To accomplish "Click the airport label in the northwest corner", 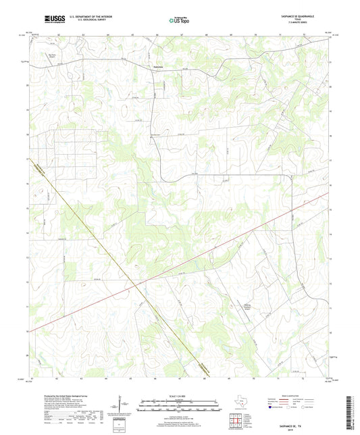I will [51, 56].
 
